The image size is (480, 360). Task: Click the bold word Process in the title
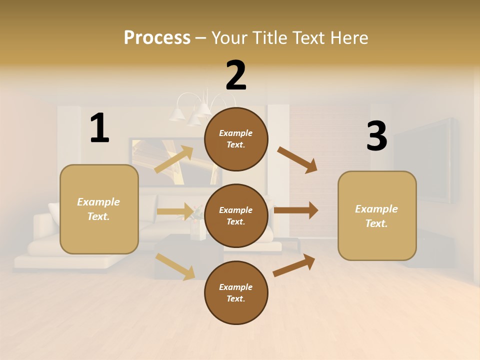(x=157, y=37)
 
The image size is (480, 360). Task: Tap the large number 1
(x=99, y=128)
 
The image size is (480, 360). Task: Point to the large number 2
(x=236, y=75)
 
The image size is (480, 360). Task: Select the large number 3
(x=376, y=136)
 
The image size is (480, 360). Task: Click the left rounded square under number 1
(x=99, y=209)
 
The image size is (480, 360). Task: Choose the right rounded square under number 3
(x=377, y=215)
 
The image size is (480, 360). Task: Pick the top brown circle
(x=236, y=139)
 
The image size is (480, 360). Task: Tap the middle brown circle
(x=236, y=215)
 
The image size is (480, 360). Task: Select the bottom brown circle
(x=236, y=292)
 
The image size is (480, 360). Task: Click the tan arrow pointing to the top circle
(x=174, y=159)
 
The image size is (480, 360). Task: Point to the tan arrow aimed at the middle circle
(x=175, y=211)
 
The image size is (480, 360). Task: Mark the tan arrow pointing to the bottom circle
(x=175, y=266)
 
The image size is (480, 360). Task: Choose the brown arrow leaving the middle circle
(x=295, y=210)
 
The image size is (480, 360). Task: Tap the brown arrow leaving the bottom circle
(x=294, y=265)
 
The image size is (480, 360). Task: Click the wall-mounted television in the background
(x=425, y=160)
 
